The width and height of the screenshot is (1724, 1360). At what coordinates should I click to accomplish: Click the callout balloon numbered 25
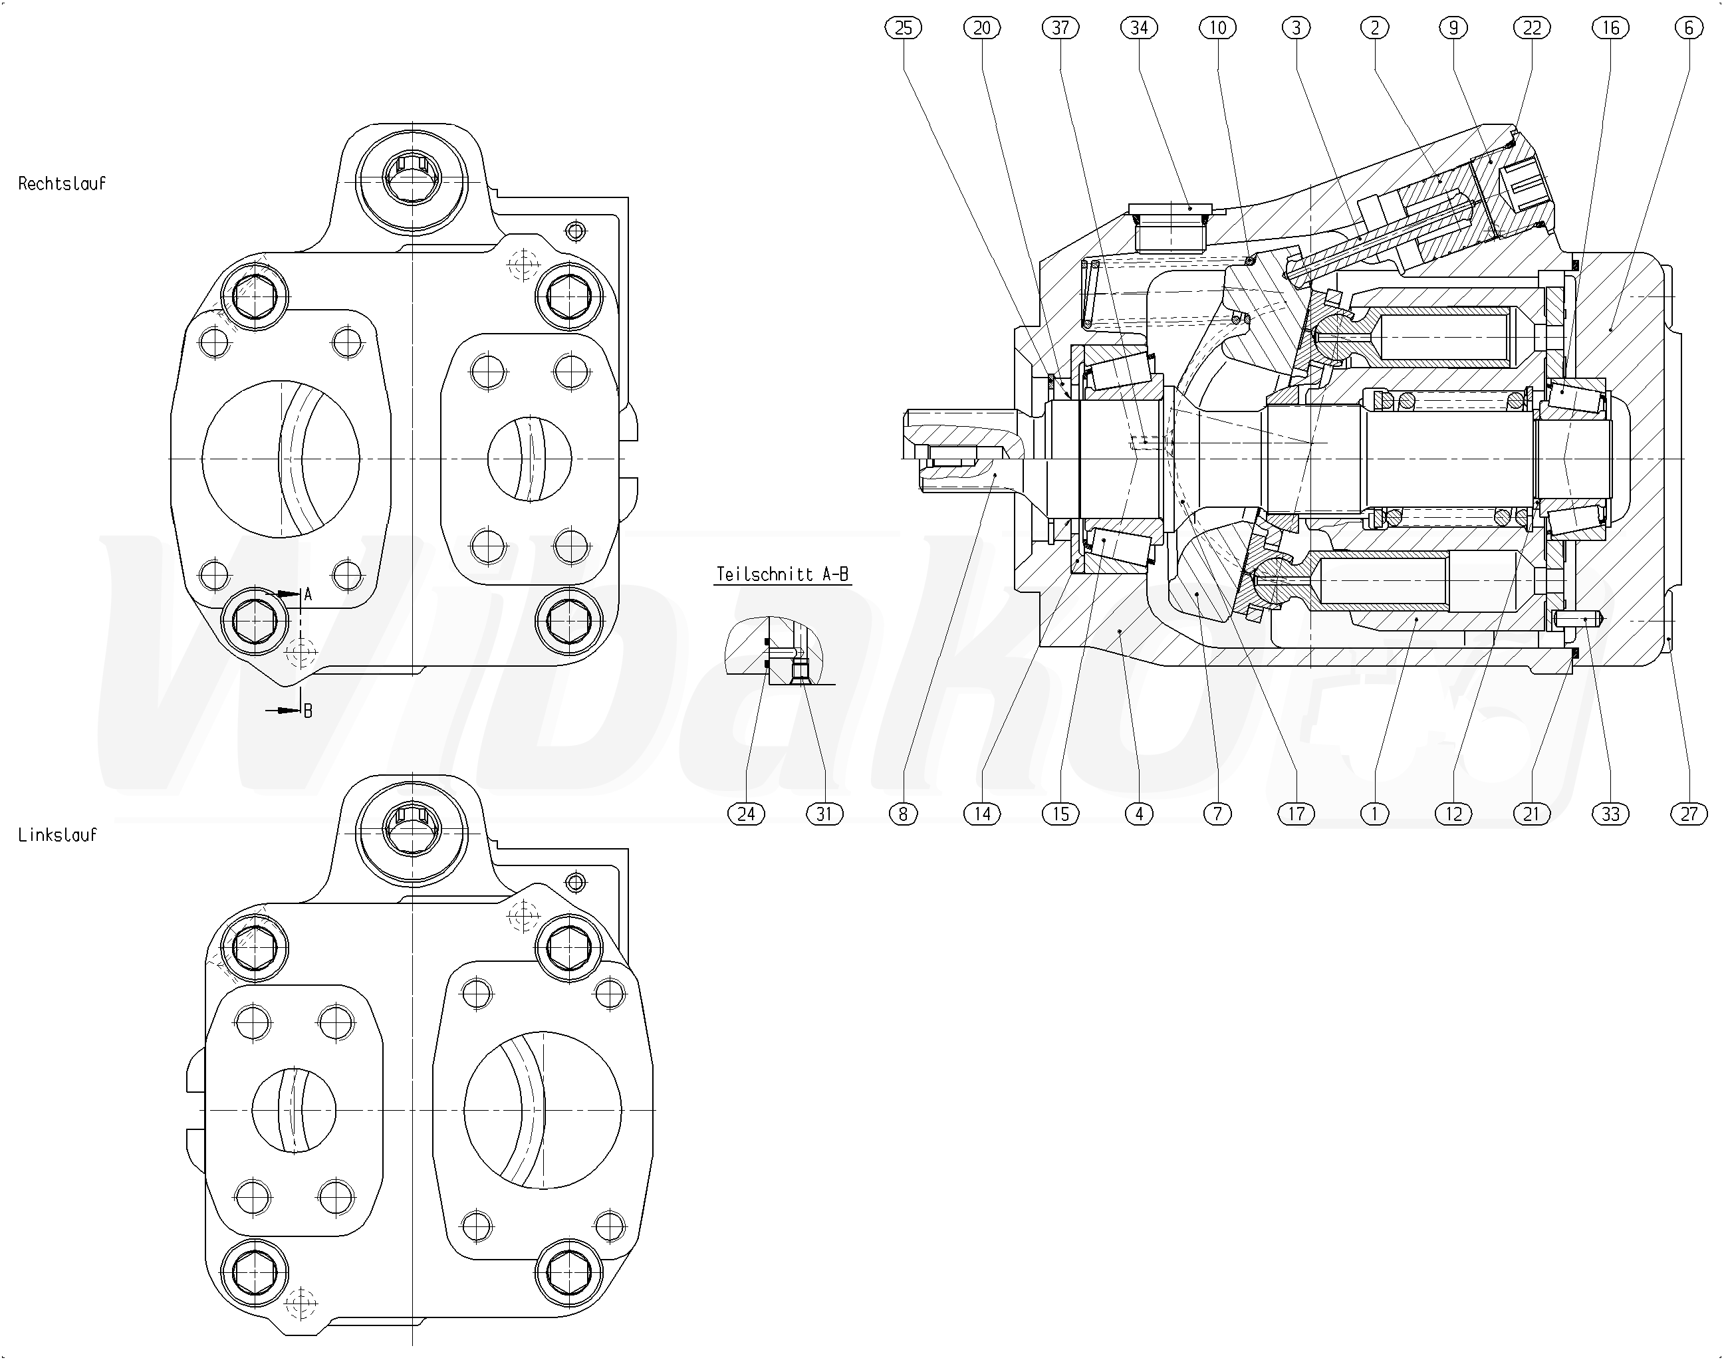click(903, 29)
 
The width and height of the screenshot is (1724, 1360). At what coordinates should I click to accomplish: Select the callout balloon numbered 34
click(1139, 29)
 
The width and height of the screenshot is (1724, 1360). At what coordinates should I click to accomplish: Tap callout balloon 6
click(1689, 29)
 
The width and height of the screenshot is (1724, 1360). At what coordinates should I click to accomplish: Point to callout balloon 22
click(1532, 29)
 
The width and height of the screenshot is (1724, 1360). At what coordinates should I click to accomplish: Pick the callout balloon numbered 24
click(746, 814)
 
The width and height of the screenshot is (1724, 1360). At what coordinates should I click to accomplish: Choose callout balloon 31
click(824, 814)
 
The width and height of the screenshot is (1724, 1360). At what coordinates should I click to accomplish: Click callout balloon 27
click(1689, 814)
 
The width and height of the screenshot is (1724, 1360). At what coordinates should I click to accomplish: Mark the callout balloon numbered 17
click(1296, 814)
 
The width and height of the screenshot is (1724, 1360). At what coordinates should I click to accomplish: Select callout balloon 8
click(903, 814)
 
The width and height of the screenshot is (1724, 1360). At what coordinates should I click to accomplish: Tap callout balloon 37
click(1060, 29)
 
